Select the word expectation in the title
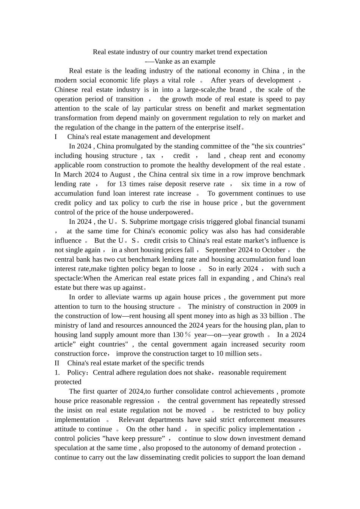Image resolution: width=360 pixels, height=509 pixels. [249, 52]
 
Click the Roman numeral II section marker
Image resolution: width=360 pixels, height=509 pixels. [57, 363]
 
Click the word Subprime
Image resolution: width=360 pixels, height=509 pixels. [141, 222]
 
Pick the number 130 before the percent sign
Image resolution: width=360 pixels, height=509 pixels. [178, 335]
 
